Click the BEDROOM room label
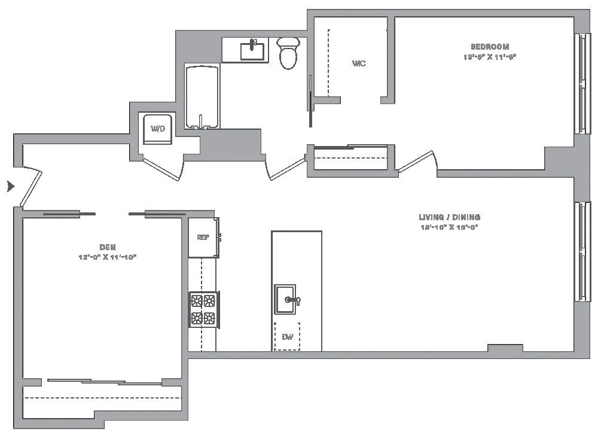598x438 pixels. pyautogui.click(x=490, y=47)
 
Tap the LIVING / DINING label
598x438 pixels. pyautogui.click(x=449, y=217)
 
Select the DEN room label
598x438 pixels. pyautogui.click(x=108, y=247)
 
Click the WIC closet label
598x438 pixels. pyautogui.click(x=359, y=63)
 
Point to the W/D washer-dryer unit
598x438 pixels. pyautogui.click(x=158, y=129)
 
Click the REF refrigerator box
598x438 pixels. pyautogui.click(x=203, y=238)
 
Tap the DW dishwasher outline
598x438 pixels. pyautogui.click(x=287, y=337)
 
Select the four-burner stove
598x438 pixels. pyautogui.click(x=203, y=309)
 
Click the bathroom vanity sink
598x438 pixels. pyautogui.click(x=253, y=50)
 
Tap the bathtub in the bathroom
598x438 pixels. pyautogui.click(x=203, y=97)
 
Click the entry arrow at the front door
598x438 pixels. pyautogui.click(x=10, y=187)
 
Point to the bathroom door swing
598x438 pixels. pyautogui.click(x=286, y=168)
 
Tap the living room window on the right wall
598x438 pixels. pyautogui.click(x=579, y=251)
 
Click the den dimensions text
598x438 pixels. pyautogui.click(x=108, y=257)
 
